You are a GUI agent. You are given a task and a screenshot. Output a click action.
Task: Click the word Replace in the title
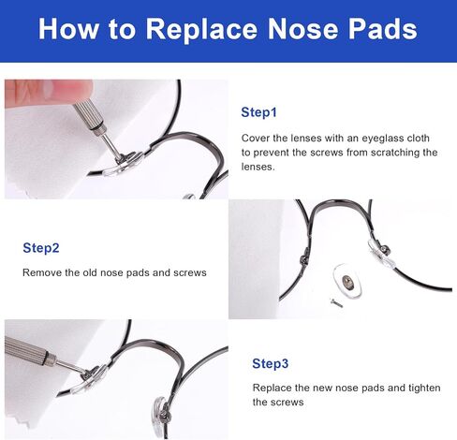[x=201, y=30]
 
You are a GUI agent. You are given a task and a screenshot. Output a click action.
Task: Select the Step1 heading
[x=258, y=112]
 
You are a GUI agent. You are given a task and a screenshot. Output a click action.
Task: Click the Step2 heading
[x=41, y=248]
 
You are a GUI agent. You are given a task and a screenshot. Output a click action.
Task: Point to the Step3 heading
[x=271, y=364]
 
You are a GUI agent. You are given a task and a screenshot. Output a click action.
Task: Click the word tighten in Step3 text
[x=424, y=388]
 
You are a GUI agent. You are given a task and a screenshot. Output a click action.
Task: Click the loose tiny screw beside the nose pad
[x=336, y=302]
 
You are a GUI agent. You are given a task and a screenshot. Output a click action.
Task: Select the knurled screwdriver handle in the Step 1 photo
[x=89, y=116]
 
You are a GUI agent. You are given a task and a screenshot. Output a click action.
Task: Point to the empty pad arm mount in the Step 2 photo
[x=303, y=258]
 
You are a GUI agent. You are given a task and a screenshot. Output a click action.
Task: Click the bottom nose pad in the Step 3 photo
[x=160, y=413]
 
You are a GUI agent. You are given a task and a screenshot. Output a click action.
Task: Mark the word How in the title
[x=68, y=29]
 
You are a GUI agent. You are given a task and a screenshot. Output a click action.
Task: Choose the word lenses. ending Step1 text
[x=258, y=167]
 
